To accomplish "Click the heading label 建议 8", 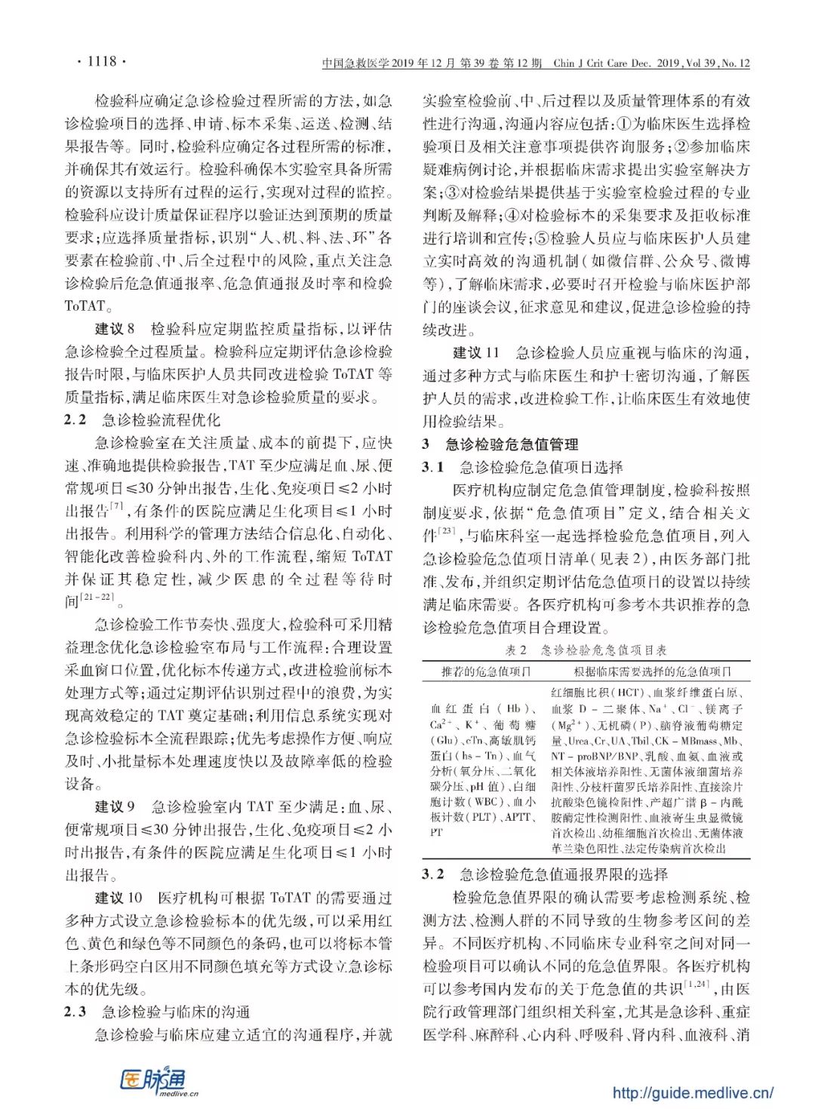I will tap(115, 328).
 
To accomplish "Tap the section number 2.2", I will tap(75, 419).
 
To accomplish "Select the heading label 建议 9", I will tap(115, 806).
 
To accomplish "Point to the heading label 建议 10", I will tap(118, 898).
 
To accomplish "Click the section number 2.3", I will tap(75, 1012).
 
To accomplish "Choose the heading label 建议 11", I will tap(476, 352).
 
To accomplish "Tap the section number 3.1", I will tap(433, 467).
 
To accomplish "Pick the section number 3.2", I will tap(433, 874).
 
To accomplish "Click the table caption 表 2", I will tap(515, 650).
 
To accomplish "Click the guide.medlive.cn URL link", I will tap(692, 1092).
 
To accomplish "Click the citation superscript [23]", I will tap(447, 533).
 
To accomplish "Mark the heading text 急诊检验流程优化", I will tap(161, 419).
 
